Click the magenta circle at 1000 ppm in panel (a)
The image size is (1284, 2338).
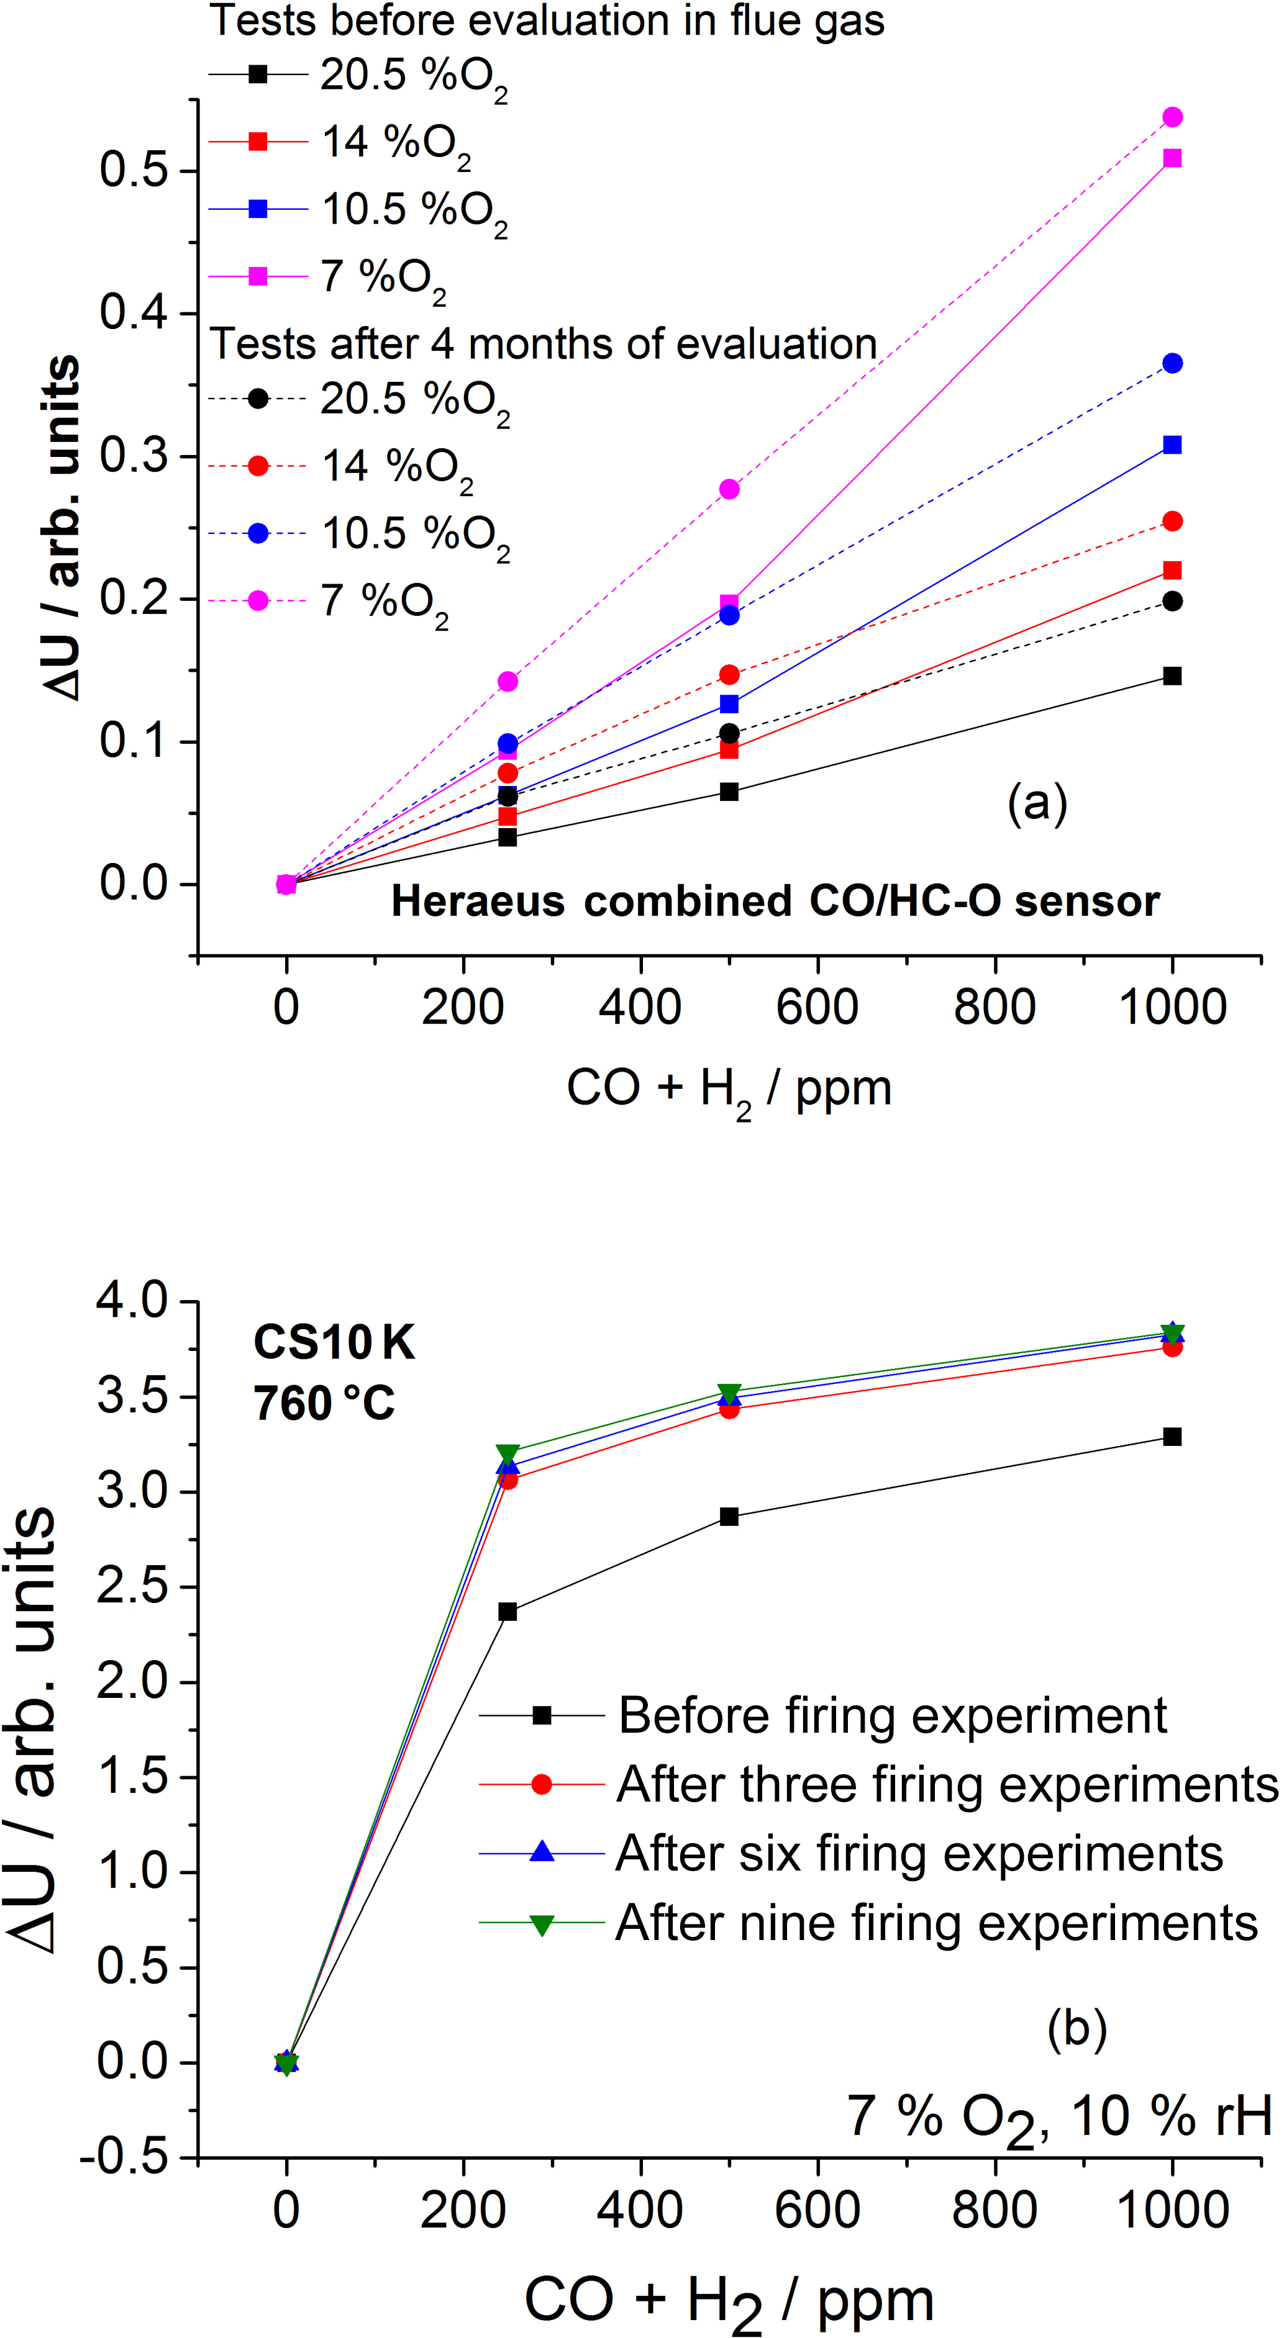pos(1172,117)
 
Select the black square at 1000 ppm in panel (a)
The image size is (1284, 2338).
pos(1172,676)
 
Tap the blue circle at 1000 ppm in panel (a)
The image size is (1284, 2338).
pos(1172,363)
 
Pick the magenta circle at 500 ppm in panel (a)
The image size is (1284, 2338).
pos(729,489)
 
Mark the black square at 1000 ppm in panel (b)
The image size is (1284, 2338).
pos(1172,1437)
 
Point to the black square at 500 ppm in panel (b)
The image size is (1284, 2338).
pos(729,1517)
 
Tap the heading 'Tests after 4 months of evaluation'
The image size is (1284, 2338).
pos(543,344)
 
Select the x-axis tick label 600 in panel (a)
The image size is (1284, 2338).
pos(817,1008)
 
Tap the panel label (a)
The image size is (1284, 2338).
pos(1037,803)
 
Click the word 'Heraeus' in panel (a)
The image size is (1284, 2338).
pos(478,901)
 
